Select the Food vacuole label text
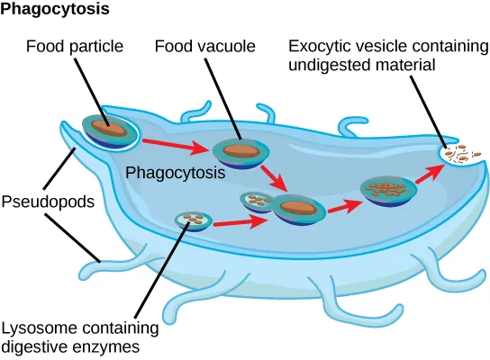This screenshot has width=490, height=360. click(191, 45)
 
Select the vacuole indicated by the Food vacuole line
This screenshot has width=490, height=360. click(238, 152)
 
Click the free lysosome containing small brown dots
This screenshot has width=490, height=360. click(192, 220)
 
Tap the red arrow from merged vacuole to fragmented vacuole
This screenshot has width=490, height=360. click(340, 205)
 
